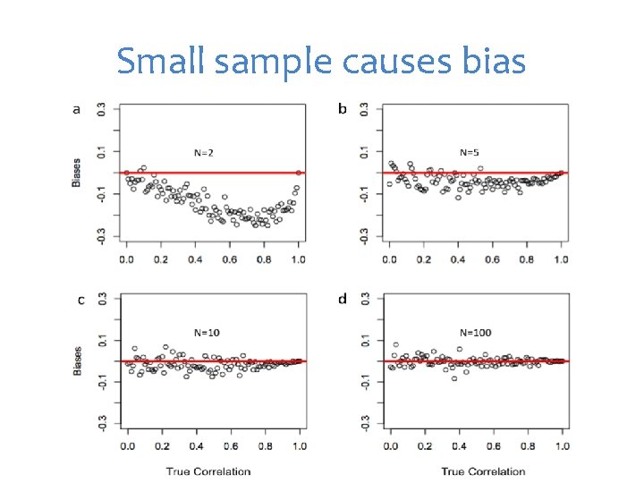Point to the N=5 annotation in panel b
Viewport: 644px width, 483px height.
click(x=470, y=153)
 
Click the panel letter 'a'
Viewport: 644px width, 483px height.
click(x=76, y=110)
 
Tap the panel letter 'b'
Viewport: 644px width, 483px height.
click(x=342, y=110)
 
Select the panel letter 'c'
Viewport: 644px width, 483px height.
click(x=80, y=300)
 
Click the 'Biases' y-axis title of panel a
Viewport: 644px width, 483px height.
click(x=76, y=173)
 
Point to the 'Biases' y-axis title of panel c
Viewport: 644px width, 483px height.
click(x=76, y=360)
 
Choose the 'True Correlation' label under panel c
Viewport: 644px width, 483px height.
click(x=208, y=471)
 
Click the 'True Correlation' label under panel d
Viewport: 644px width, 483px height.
click(x=484, y=471)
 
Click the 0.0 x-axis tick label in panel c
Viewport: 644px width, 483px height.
click(x=126, y=445)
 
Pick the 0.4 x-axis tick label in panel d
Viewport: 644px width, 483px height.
click(x=458, y=445)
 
